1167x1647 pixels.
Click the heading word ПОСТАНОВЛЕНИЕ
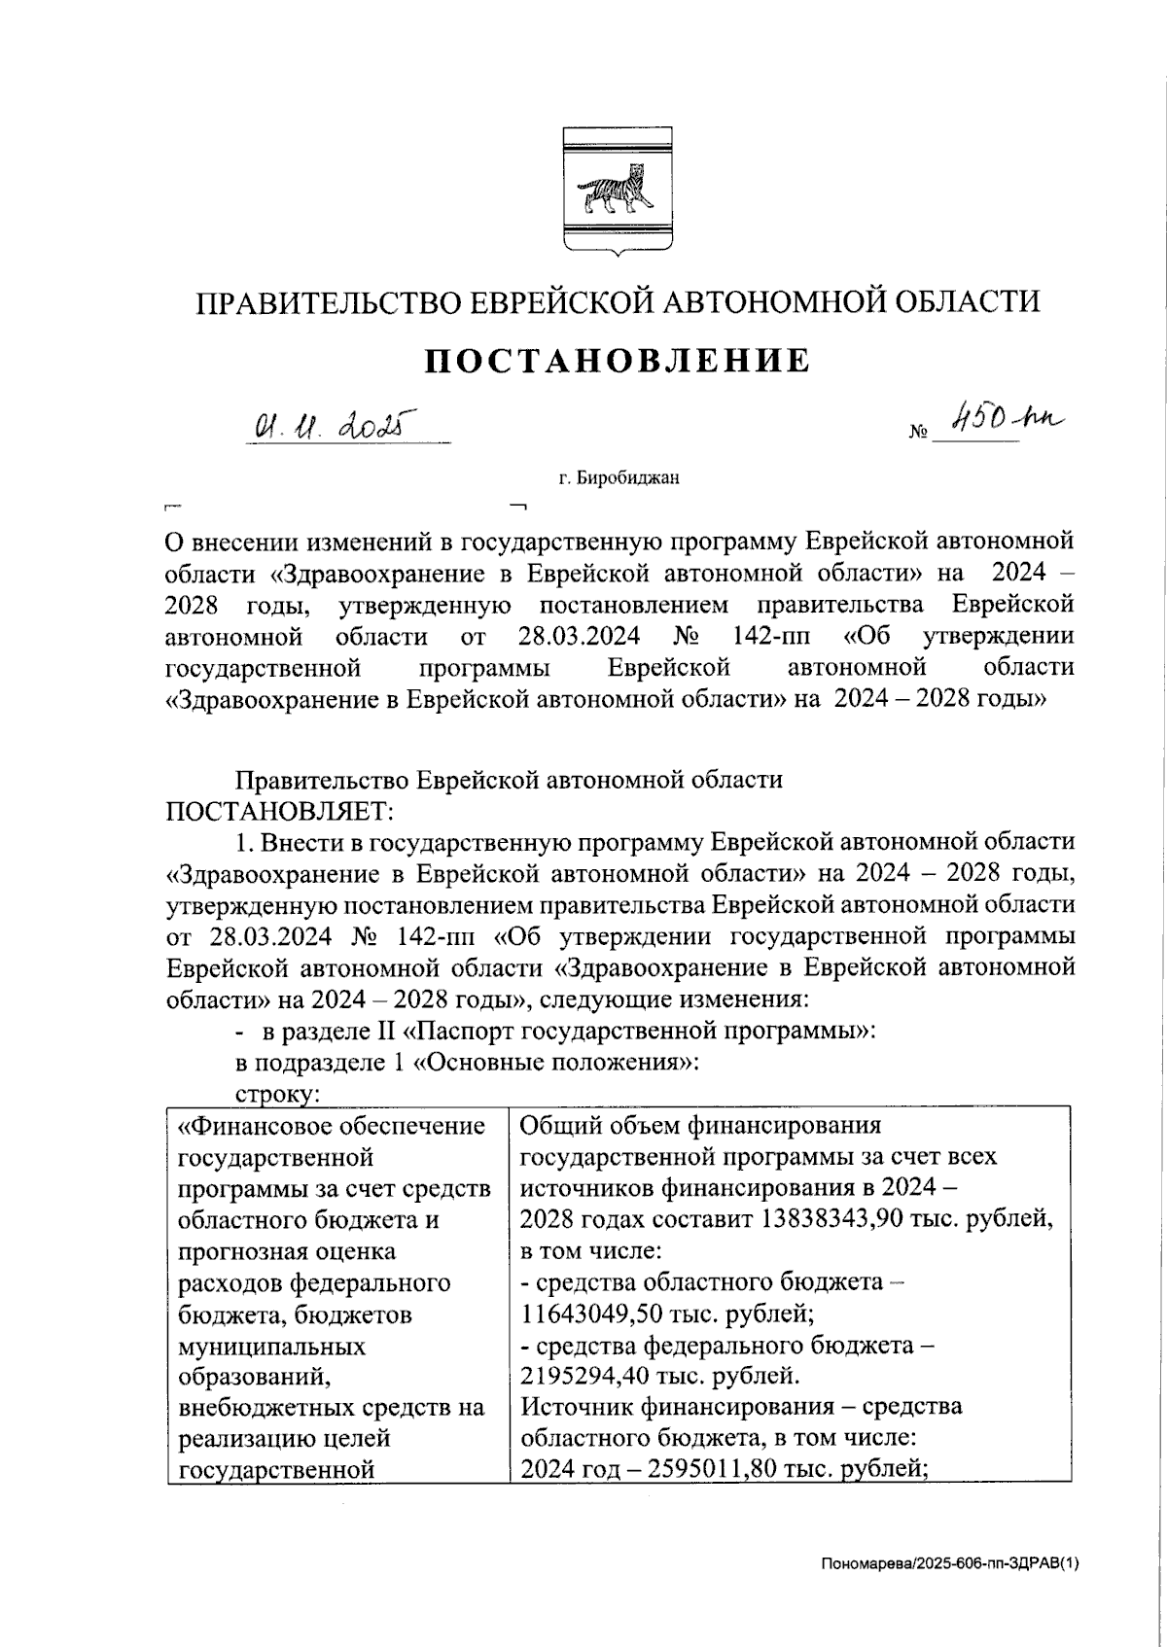pos(618,360)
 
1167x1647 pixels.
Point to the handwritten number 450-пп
pos(1007,422)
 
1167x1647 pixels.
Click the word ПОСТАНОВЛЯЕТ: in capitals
pos(280,810)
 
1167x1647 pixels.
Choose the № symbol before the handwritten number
pos(917,435)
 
